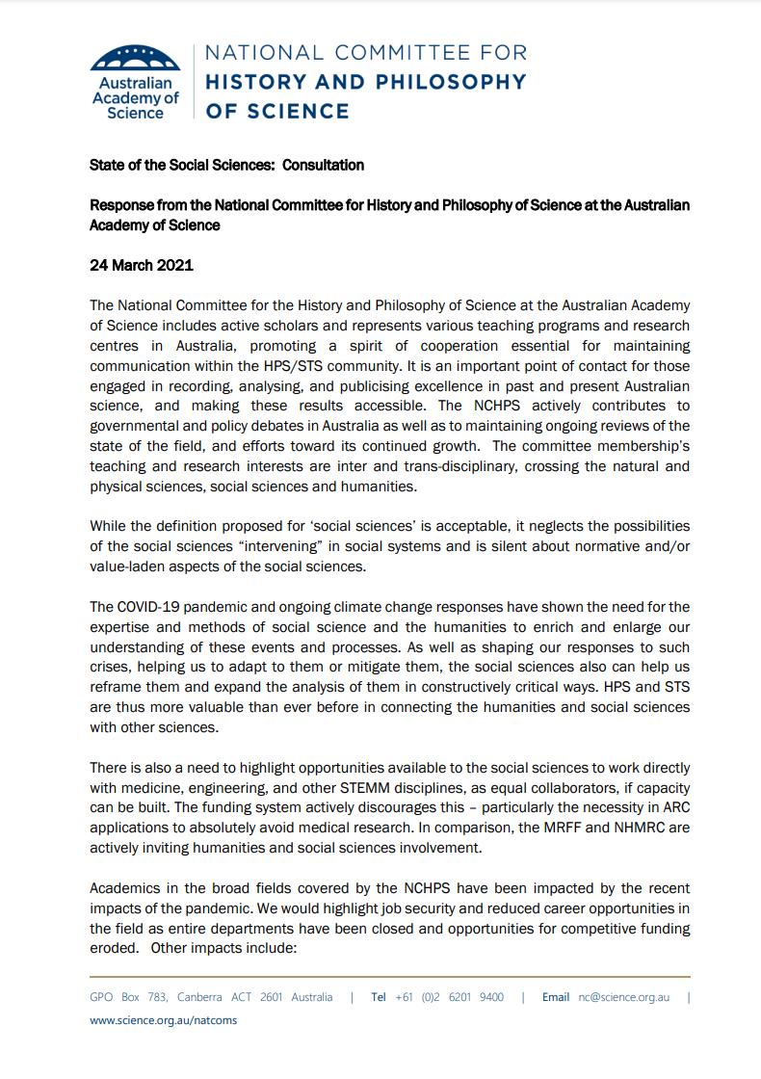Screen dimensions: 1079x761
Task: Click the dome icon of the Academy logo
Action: point(135,57)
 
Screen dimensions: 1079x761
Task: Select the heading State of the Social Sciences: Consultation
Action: point(226,165)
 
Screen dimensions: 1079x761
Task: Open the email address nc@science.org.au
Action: point(623,997)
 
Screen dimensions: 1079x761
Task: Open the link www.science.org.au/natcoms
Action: point(163,1020)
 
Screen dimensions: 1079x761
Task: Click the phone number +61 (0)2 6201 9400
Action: point(449,997)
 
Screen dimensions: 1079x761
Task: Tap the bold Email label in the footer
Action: point(556,997)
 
